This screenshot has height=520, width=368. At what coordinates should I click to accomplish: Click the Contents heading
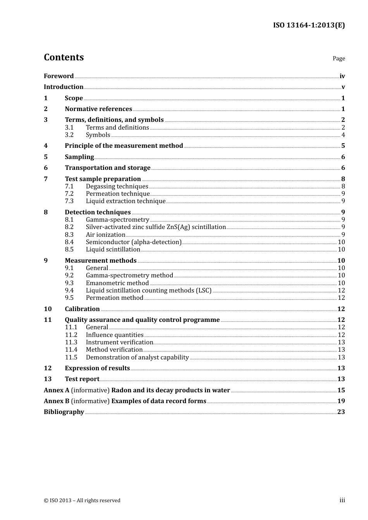64,57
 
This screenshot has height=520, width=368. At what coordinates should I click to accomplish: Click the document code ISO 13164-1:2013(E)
309,26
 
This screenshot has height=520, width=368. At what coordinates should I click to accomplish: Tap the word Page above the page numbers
339,58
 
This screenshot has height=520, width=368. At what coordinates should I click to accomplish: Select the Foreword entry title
58,76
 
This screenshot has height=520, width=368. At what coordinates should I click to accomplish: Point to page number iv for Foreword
342,76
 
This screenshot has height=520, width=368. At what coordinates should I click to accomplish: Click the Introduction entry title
64,87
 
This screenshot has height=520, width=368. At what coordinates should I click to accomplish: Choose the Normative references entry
98,109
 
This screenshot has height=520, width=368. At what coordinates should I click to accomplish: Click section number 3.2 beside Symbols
69,135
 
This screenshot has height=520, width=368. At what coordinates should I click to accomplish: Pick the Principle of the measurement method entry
124,146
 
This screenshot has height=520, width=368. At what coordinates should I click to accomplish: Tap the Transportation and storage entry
107,168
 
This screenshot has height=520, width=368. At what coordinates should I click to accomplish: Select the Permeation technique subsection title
118,194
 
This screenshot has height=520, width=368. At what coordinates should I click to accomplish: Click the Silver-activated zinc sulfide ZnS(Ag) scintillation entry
156,227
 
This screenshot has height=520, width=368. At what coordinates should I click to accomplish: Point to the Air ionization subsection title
105,235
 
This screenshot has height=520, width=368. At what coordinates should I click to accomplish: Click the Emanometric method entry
117,283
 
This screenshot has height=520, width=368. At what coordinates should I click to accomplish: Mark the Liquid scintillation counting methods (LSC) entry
149,291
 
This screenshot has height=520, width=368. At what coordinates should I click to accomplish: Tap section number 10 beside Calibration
48,309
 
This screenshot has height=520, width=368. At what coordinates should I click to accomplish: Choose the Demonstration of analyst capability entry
137,357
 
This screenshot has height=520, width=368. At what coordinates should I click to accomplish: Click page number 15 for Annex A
341,390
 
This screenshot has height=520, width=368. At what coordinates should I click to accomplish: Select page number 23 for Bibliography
341,412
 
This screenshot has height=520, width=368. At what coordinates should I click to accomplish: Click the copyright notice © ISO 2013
82,501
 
